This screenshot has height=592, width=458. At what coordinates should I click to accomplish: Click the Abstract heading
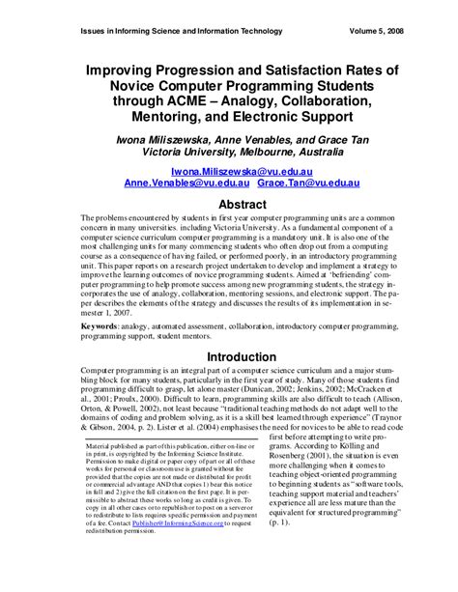(229, 206)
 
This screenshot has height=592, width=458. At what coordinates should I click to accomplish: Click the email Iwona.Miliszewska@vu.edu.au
(229, 168)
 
